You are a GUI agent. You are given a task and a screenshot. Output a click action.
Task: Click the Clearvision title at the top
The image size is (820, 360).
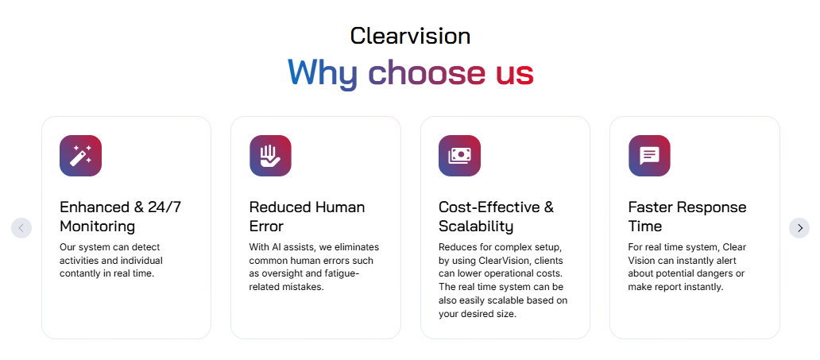pos(410,36)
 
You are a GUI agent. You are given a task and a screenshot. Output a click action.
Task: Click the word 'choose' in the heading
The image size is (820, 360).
pos(427,73)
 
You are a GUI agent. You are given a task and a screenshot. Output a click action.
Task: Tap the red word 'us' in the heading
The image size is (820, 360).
pos(514,73)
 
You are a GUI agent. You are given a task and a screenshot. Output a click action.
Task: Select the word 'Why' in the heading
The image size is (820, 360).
pos(323,73)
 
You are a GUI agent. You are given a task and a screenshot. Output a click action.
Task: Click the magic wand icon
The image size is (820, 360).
pos(80,156)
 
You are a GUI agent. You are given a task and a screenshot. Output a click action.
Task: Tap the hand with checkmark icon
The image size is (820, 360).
pos(270,156)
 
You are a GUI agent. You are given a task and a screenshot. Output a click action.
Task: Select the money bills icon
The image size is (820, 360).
pos(459,156)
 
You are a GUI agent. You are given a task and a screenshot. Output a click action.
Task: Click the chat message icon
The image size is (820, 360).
pos(649,156)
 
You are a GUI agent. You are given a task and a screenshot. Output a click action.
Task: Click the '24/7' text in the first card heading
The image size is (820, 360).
pos(165,207)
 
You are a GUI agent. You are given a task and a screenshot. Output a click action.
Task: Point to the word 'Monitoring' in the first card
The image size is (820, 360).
pos(97,226)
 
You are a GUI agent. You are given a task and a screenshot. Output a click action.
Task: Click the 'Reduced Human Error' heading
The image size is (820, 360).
pos(307,216)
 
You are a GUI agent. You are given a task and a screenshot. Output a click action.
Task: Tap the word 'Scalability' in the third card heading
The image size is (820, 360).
pos(476,226)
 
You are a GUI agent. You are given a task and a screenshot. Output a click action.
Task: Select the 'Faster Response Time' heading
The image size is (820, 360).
pos(687,216)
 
